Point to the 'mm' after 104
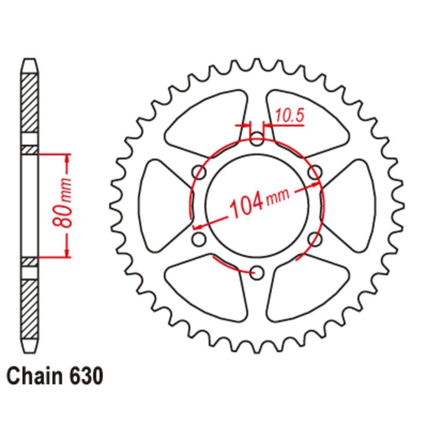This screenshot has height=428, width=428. pyautogui.click(x=278, y=196)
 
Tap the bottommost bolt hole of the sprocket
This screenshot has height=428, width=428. pyautogui.click(x=256, y=272)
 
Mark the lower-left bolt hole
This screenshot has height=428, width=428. pyautogui.click(x=199, y=239)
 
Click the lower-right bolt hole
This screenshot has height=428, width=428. pyautogui.click(x=314, y=239)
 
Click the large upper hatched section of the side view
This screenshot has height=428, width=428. pyautogui.click(x=30, y=103)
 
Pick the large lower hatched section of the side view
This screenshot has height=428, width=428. pyautogui.click(x=30, y=308)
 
